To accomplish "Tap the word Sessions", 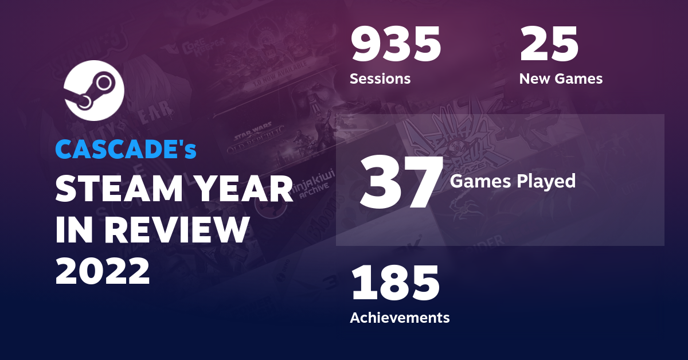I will click(x=380, y=79).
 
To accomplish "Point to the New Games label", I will click(x=561, y=79).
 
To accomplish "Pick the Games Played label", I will click(x=513, y=181).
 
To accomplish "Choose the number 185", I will click(x=395, y=283).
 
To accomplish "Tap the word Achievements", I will click(x=400, y=317).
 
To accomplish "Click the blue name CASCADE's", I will click(x=126, y=150).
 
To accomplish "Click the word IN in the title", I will click(x=71, y=230).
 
